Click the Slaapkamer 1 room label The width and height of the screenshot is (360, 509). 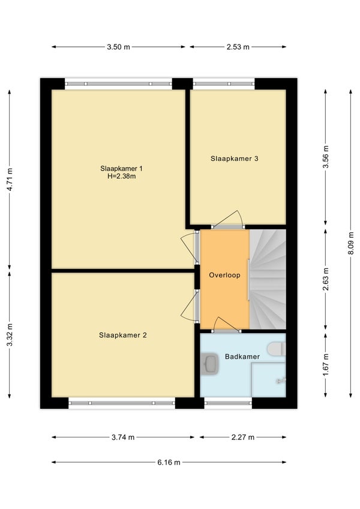[x=121, y=169]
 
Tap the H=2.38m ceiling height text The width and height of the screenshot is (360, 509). [x=121, y=176]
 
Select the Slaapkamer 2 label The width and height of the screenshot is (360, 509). [x=123, y=336]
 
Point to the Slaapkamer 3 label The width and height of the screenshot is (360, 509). [x=235, y=158]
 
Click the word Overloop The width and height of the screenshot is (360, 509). [x=224, y=276]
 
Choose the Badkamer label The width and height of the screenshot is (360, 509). [x=242, y=357]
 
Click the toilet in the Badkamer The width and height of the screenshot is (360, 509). [x=276, y=349]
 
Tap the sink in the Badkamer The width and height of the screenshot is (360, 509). [x=209, y=364]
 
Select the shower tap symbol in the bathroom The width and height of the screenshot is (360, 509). [x=281, y=380]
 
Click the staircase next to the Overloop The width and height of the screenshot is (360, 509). [x=268, y=279]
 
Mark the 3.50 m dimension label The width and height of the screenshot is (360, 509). [x=118, y=47]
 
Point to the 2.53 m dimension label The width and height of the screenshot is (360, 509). [x=238, y=47]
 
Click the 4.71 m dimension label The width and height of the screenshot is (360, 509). [x=10, y=179]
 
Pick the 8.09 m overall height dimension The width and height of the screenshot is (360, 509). [x=351, y=244]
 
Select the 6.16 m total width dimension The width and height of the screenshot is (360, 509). [x=169, y=462]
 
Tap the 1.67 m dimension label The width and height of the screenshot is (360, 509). [x=326, y=365]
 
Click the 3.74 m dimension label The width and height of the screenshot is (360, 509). [x=123, y=437]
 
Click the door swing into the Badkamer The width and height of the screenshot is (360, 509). [x=227, y=324]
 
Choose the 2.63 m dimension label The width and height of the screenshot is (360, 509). [x=326, y=279]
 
